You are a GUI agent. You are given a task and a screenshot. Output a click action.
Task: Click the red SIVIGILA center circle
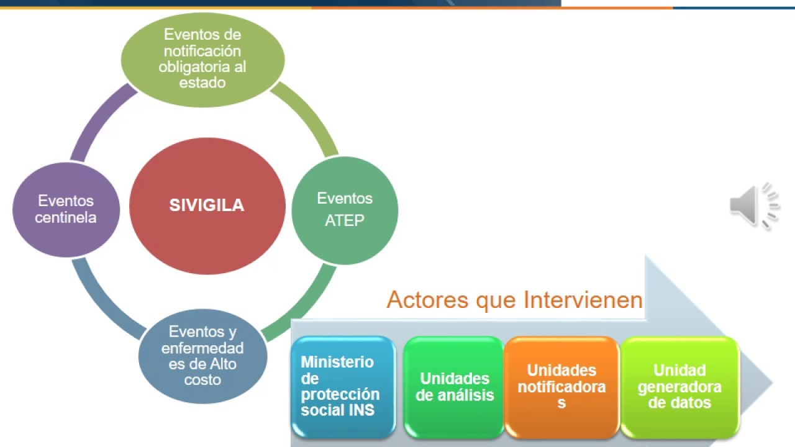[207, 205]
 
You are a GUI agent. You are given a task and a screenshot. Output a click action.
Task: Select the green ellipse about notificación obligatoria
[202, 58]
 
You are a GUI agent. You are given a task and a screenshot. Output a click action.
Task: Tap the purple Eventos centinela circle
[66, 209]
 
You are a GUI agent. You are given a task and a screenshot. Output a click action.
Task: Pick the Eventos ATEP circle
[345, 210]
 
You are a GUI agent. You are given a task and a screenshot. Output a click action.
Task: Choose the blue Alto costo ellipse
[202, 356]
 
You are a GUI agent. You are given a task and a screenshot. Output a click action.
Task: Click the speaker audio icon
[753, 205]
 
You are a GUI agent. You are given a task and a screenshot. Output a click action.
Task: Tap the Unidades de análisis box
[454, 387]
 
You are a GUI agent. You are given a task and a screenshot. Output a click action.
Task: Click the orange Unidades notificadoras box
[561, 387]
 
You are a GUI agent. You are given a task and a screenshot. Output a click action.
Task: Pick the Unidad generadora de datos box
[679, 387]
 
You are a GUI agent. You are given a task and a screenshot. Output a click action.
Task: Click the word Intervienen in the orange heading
[583, 300]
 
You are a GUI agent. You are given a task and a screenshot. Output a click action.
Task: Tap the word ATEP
[345, 220]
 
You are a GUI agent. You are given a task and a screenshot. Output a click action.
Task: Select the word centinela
[66, 218]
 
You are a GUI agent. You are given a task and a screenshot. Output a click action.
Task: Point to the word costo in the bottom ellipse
[202, 379]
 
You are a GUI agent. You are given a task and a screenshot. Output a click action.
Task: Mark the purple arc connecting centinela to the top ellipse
[99, 121]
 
